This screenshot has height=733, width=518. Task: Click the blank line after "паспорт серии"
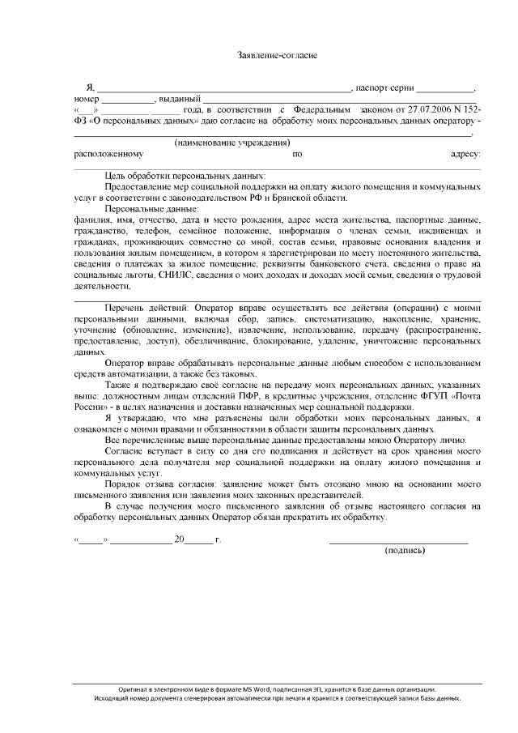[x=446, y=87]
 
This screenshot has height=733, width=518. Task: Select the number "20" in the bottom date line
[x=179, y=539]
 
